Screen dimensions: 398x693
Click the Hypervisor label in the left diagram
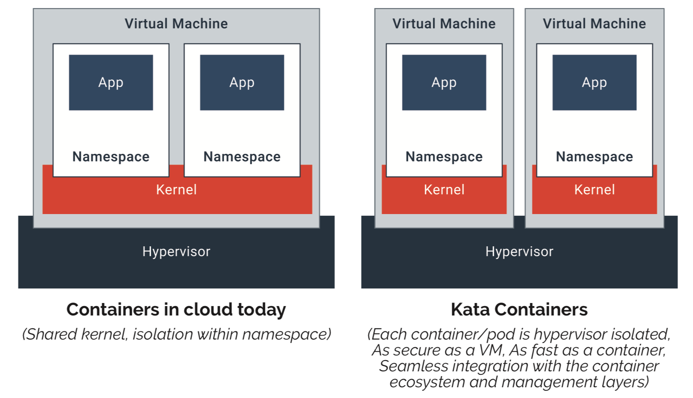coord(176,251)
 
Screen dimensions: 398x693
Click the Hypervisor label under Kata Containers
coord(519,251)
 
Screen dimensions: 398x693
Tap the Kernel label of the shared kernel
coord(176,190)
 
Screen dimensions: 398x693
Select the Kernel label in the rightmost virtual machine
coord(594,190)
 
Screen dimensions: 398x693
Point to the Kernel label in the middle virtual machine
coord(444,190)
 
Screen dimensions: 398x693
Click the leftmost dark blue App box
coord(111,83)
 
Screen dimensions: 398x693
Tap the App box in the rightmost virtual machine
coord(594,83)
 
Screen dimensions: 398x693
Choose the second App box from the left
coord(242,83)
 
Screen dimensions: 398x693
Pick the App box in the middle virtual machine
coord(444,83)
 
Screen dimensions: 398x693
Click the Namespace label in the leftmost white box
coord(111,156)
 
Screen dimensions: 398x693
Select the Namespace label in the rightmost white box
coord(594,156)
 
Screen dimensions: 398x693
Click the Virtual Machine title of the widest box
coord(176,24)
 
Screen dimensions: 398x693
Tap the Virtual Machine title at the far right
coord(594,24)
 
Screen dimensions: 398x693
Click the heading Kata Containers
coord(519,309)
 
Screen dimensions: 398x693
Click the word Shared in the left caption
coord(52,334)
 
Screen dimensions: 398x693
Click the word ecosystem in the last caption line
coord(427,382)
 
